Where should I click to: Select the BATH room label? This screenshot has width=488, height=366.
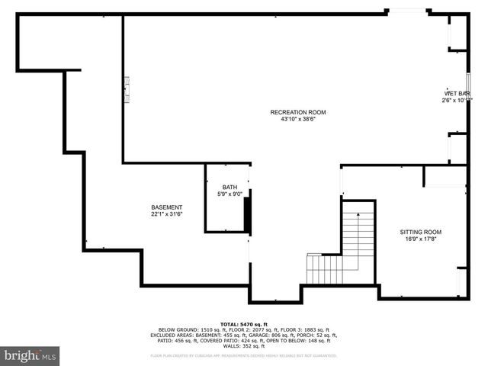tap(230, 188)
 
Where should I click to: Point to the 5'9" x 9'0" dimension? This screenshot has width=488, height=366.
tap(230, 194)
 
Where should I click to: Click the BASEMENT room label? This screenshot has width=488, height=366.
tap(166, 208)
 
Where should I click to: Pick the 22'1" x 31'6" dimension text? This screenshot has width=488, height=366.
tap(166, 215)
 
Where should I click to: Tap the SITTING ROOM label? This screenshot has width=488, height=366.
tap(421, 233)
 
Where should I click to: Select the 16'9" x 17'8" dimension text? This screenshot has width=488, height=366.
tap(421, 239)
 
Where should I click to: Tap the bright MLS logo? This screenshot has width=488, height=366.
tap(30, 355)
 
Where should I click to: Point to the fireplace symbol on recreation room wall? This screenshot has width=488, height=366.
tap(127, 88)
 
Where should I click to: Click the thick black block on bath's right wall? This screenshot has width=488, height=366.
tap(247, 213)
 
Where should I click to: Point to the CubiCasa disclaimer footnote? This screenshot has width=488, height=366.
tap(244, 355)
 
